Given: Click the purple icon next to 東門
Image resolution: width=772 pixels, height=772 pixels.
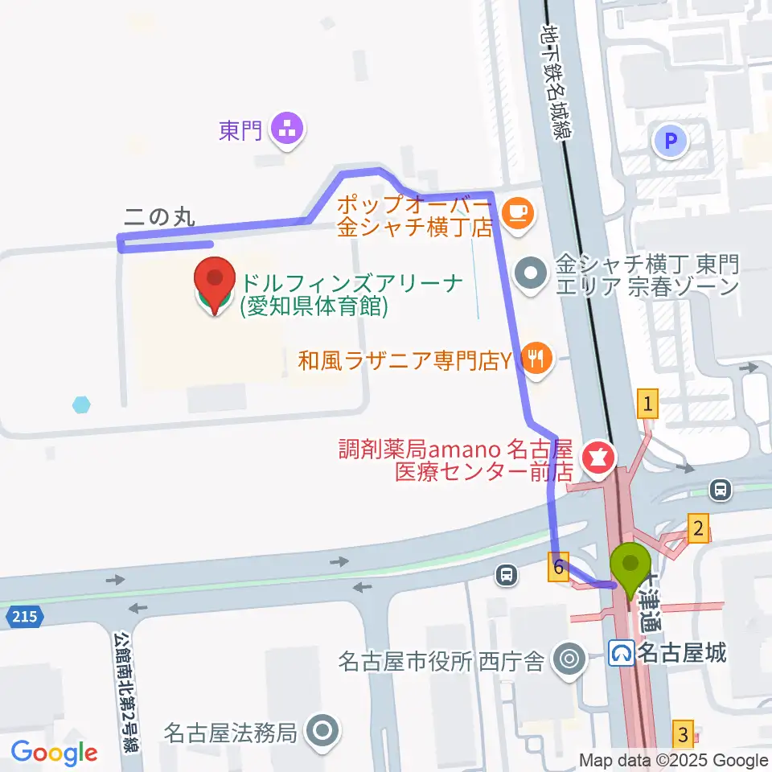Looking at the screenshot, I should pyautogui.click(x=286, y=128).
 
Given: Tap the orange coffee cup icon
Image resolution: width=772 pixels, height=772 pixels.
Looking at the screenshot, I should pyautogui.click(x=515, y=213).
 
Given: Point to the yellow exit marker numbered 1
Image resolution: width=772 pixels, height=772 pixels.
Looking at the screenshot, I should pyautogui.click(x=647, y=403).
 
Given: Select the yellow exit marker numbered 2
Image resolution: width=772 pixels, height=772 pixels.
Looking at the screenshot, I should pyautogui.click(x=698, y=529).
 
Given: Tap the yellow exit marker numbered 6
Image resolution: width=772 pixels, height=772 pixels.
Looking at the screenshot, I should pyautogui.click(x=560, y=567).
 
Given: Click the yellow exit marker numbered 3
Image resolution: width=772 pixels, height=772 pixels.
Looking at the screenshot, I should pyautogui.click(x=683, y=733).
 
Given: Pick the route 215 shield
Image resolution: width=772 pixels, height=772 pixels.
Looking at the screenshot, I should pyautogui.click(x=24, y=618).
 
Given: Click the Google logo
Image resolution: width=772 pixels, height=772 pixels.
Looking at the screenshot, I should pyautogui.click(x=55, y=754).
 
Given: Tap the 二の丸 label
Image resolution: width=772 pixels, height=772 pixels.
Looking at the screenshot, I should pyautogui.click(x=159, y=216).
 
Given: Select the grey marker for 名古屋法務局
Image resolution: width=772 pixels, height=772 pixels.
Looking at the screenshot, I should pyautogui.click(x=324, y=732).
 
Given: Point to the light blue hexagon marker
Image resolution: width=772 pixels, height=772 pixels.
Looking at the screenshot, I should pyautogui.click(x=80, y=404).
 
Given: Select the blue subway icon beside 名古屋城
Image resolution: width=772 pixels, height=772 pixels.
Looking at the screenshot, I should pyautogui.click(x=621, y=652).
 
